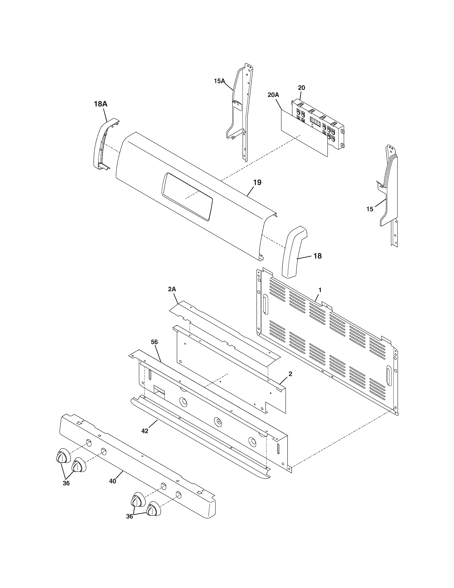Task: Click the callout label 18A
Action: click(101, 104)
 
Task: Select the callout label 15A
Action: click(219, 81)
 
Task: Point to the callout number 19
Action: click(257, 182)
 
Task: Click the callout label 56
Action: click(154, 342)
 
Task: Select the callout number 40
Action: click(113, 481)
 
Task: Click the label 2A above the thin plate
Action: click(172, 289)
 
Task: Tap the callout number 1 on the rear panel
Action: click(320, 290)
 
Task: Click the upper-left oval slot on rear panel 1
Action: click(265, 304)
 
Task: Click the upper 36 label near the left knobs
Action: click(66, 483)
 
